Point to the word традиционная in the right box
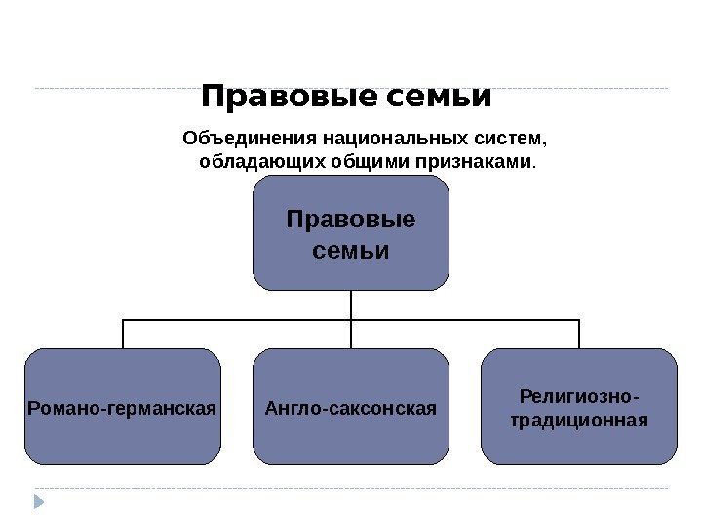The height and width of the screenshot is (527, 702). coord(579,421)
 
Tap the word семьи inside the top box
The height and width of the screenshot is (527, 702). coord(351,251)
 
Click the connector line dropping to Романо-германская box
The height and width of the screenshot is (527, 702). coord(123,334)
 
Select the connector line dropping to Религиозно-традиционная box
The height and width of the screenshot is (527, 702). coord(579,334)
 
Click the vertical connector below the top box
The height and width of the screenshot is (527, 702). coord(351,304)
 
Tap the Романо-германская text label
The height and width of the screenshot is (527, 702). coord(123,405)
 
